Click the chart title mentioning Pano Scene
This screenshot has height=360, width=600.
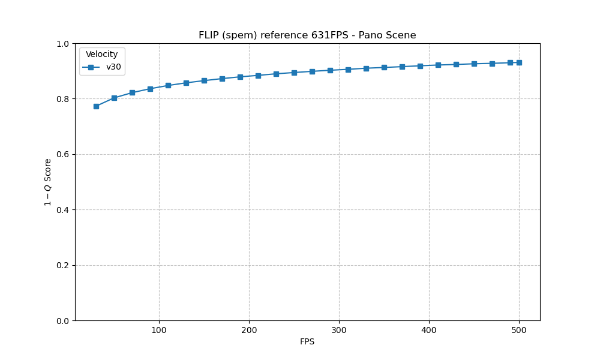coord(307,35)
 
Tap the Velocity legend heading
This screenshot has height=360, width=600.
coord(102,55)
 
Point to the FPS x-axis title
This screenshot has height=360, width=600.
coord(307,342)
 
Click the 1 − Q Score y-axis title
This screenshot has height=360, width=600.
coord(48,182)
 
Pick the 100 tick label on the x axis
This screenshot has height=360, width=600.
coord(159,330)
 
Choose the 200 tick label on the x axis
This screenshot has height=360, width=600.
coord(249,330)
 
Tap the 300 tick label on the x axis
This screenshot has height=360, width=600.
coord(339,330)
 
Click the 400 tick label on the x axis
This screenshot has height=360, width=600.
coord(429,330)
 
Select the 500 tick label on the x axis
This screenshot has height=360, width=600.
coord(519,330)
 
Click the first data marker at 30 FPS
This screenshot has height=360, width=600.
coord(96,106)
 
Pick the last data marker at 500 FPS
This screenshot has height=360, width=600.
coord(519,62)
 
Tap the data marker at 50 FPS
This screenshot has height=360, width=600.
coord(114,98)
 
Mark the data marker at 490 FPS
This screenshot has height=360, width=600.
coord(510,62)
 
